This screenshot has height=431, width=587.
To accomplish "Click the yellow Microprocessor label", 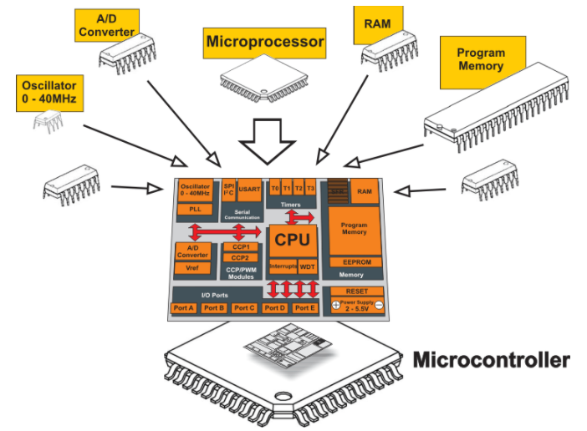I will click(264, 42).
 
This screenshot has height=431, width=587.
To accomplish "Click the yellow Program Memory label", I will click(480, 59).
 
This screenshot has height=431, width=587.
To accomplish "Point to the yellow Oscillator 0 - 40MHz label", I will click(49, 92).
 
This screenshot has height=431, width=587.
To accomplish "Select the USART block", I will click(249, 190).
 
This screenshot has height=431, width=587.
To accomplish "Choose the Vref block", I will click(192, 268).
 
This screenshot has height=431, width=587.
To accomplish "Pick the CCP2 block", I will click(240, 258).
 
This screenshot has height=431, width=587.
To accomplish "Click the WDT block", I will click(307, 266).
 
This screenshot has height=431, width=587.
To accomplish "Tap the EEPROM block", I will click(355, 261).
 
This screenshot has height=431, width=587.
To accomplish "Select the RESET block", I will click(355, 292).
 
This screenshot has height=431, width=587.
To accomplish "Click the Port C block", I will click(244, 307).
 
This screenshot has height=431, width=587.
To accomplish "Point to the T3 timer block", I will click(310, 188).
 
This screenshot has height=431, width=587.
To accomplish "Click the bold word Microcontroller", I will click(492, 361).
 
